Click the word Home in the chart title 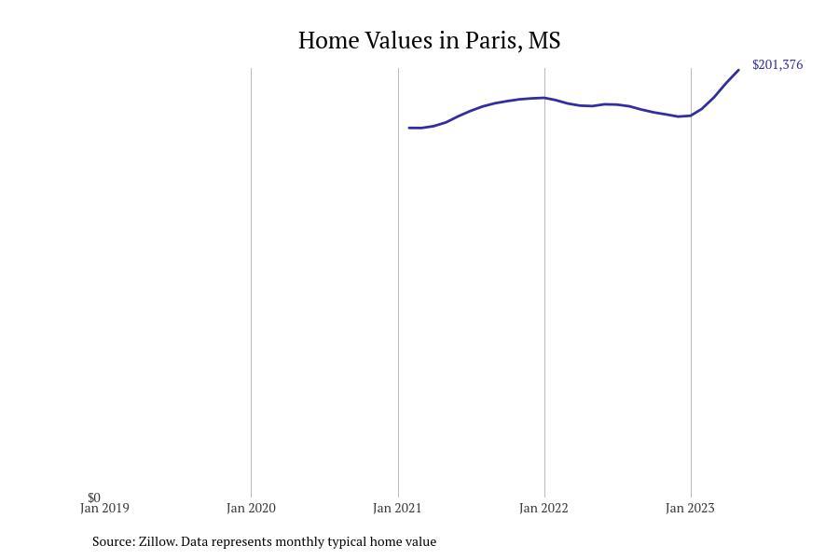[x=328, y=41]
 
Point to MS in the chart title [x=544, y=41]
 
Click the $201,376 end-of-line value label [x=777, y=64]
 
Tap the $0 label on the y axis [x=94, y=498]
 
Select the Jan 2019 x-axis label [x=104, y=508]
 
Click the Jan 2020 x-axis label [x=251, y=508]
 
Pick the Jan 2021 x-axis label [x=397, y=508]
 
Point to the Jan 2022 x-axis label [x=543, y=508]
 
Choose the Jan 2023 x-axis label [x=690, y=508]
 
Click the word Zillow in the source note [x=158, y=542]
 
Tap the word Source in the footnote [x=114, y=542]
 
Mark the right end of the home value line [x=738, y=70]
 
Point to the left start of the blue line [x=409, y=128]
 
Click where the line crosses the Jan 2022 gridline [x=545, y=98]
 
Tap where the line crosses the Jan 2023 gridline [x=691, y=116]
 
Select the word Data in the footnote [x=193, y=542]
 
